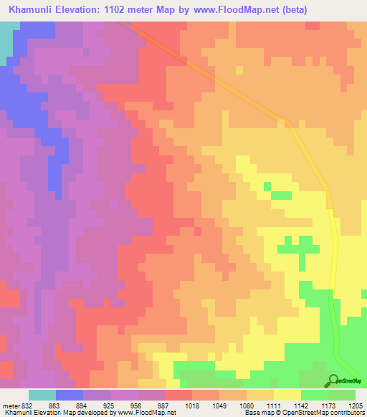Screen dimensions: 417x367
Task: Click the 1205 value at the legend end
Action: coord(356,405)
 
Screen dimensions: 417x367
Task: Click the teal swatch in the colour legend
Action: coord(42,395)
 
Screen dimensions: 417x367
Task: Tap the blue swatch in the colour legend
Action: coord(70,395)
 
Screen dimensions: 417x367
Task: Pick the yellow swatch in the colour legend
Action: coord(287,395)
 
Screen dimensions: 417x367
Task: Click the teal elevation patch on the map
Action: coord(6,43)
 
